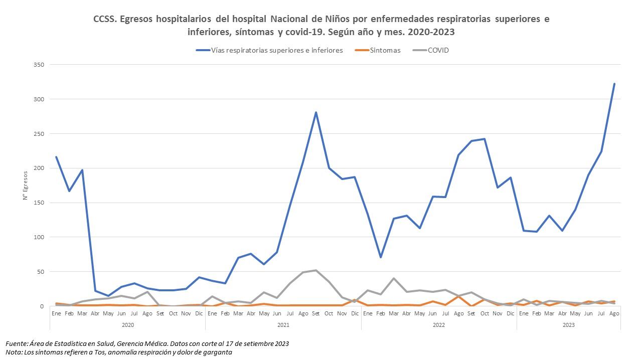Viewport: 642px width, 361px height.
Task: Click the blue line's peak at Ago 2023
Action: [614, 84]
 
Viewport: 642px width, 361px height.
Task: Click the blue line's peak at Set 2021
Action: [315, 112]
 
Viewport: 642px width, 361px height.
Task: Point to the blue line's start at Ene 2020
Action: [56, 157]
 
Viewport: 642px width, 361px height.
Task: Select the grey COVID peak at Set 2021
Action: [315, 270]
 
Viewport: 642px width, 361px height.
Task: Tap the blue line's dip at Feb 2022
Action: [381, 257]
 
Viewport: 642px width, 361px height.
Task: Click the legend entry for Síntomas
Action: [385, 50]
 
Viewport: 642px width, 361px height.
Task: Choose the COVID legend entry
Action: [438, 50]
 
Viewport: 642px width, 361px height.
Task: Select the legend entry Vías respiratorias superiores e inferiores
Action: [277, 50]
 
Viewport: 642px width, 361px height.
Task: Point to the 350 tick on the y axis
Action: [39, 65]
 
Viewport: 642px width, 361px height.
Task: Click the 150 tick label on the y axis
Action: [39, 203]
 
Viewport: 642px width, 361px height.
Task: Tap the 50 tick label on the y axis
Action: [41, 272]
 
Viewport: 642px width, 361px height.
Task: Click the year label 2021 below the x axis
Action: [283, 325]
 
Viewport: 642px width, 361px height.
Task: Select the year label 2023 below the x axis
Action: [568, 325]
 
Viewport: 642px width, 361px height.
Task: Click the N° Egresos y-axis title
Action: [25, 186]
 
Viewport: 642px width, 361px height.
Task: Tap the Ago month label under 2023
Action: [614, 313]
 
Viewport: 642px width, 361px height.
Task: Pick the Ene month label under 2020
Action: [56, 313]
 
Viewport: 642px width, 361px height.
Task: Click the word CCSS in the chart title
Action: [103, 20]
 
